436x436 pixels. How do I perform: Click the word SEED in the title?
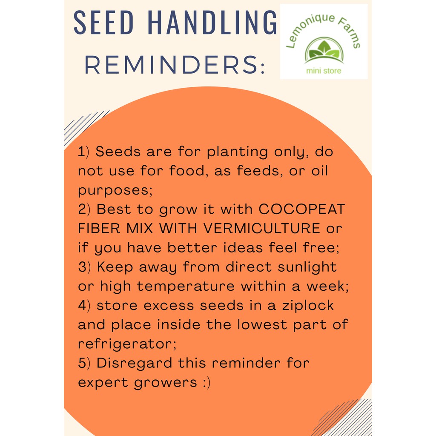[x=104, y=23]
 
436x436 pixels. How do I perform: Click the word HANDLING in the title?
[x=212, y=23]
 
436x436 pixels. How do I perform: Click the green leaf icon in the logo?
[x=324, y=50]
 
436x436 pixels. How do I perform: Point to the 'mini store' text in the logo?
[x=324, y=71]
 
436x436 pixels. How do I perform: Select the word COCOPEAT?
[x=302, y=209]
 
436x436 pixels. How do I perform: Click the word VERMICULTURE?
[x=262, y=228]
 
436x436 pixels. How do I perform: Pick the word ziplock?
[x=308, y=305]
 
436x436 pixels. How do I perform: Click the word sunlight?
[x=307, y=267]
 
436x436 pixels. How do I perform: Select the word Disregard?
[x=134, y=363]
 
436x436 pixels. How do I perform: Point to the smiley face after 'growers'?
[x=207, y=383]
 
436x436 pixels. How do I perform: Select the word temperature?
[x=186, y=286]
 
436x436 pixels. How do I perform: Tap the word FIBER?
[x=99, y=228]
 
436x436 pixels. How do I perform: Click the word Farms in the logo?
[x=350, y=31]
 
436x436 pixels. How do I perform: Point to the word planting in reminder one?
[x=237, y=152]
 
